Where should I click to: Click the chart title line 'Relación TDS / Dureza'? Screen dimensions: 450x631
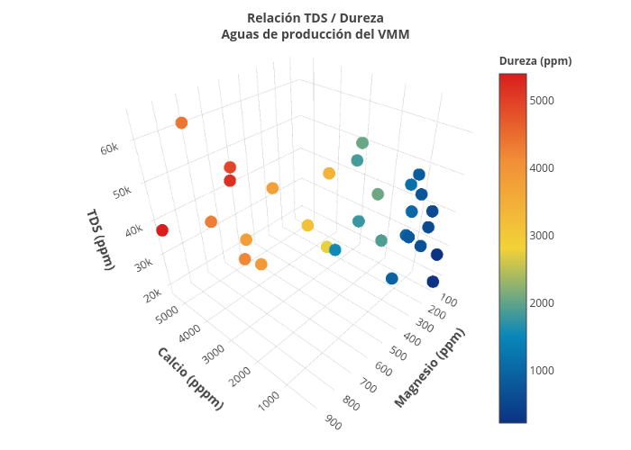[x=315, y=18]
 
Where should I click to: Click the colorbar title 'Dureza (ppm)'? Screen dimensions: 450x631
[x=535, y=61]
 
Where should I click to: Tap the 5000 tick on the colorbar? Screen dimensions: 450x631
[x=543, y=100]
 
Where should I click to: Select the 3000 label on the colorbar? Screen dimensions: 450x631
[x=543, y=235]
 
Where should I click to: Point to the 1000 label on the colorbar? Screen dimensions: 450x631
[x=543, y=370]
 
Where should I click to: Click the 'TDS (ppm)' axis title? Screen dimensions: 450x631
[x=100, y=238]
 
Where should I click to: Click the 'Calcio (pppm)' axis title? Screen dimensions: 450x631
[x=189, y=378]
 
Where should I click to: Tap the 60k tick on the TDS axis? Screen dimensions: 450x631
[x=110, y=148]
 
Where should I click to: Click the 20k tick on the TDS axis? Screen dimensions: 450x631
[x=152, y=293]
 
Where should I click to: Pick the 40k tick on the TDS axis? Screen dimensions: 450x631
[x=133, y=230]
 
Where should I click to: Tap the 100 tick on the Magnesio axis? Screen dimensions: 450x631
[x=448, y=301]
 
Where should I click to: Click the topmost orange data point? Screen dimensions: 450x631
[x=181, y=123]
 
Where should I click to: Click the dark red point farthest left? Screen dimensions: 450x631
[x=162, y=230]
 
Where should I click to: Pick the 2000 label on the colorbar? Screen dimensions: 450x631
[x=543, y=302]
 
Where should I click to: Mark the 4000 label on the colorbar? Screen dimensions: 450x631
[x=543, y=167]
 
